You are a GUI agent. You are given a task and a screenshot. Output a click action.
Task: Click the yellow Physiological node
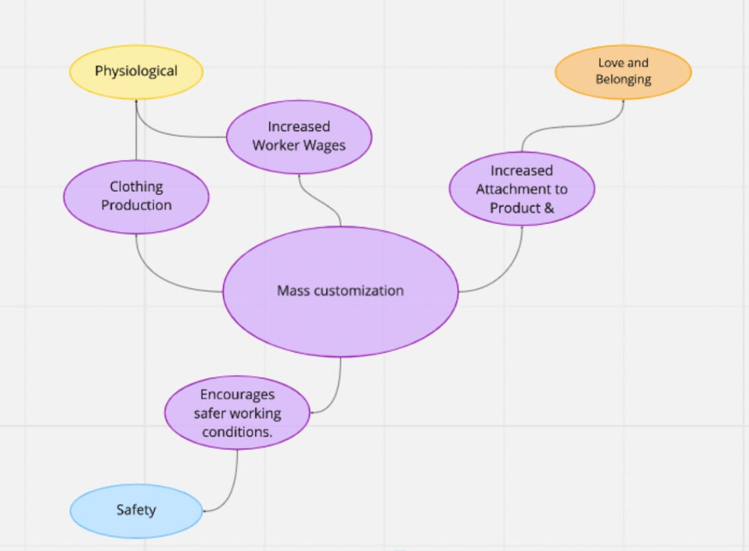(x=136, y=71)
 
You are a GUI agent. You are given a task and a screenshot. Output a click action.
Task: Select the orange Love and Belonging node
(x=623, y=71)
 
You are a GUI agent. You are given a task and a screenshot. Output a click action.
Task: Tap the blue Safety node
(x=136, y=510)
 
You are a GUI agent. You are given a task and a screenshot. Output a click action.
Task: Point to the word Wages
(x=324, y=145)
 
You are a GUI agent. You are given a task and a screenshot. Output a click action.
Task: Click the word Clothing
(x=136, y=187)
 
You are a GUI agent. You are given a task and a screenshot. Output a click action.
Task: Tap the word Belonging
(x=623, y=79)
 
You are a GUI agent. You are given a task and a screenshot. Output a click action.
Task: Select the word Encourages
(x=237, y=395)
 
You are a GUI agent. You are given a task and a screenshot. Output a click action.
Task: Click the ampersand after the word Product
(x=549, y=208)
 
